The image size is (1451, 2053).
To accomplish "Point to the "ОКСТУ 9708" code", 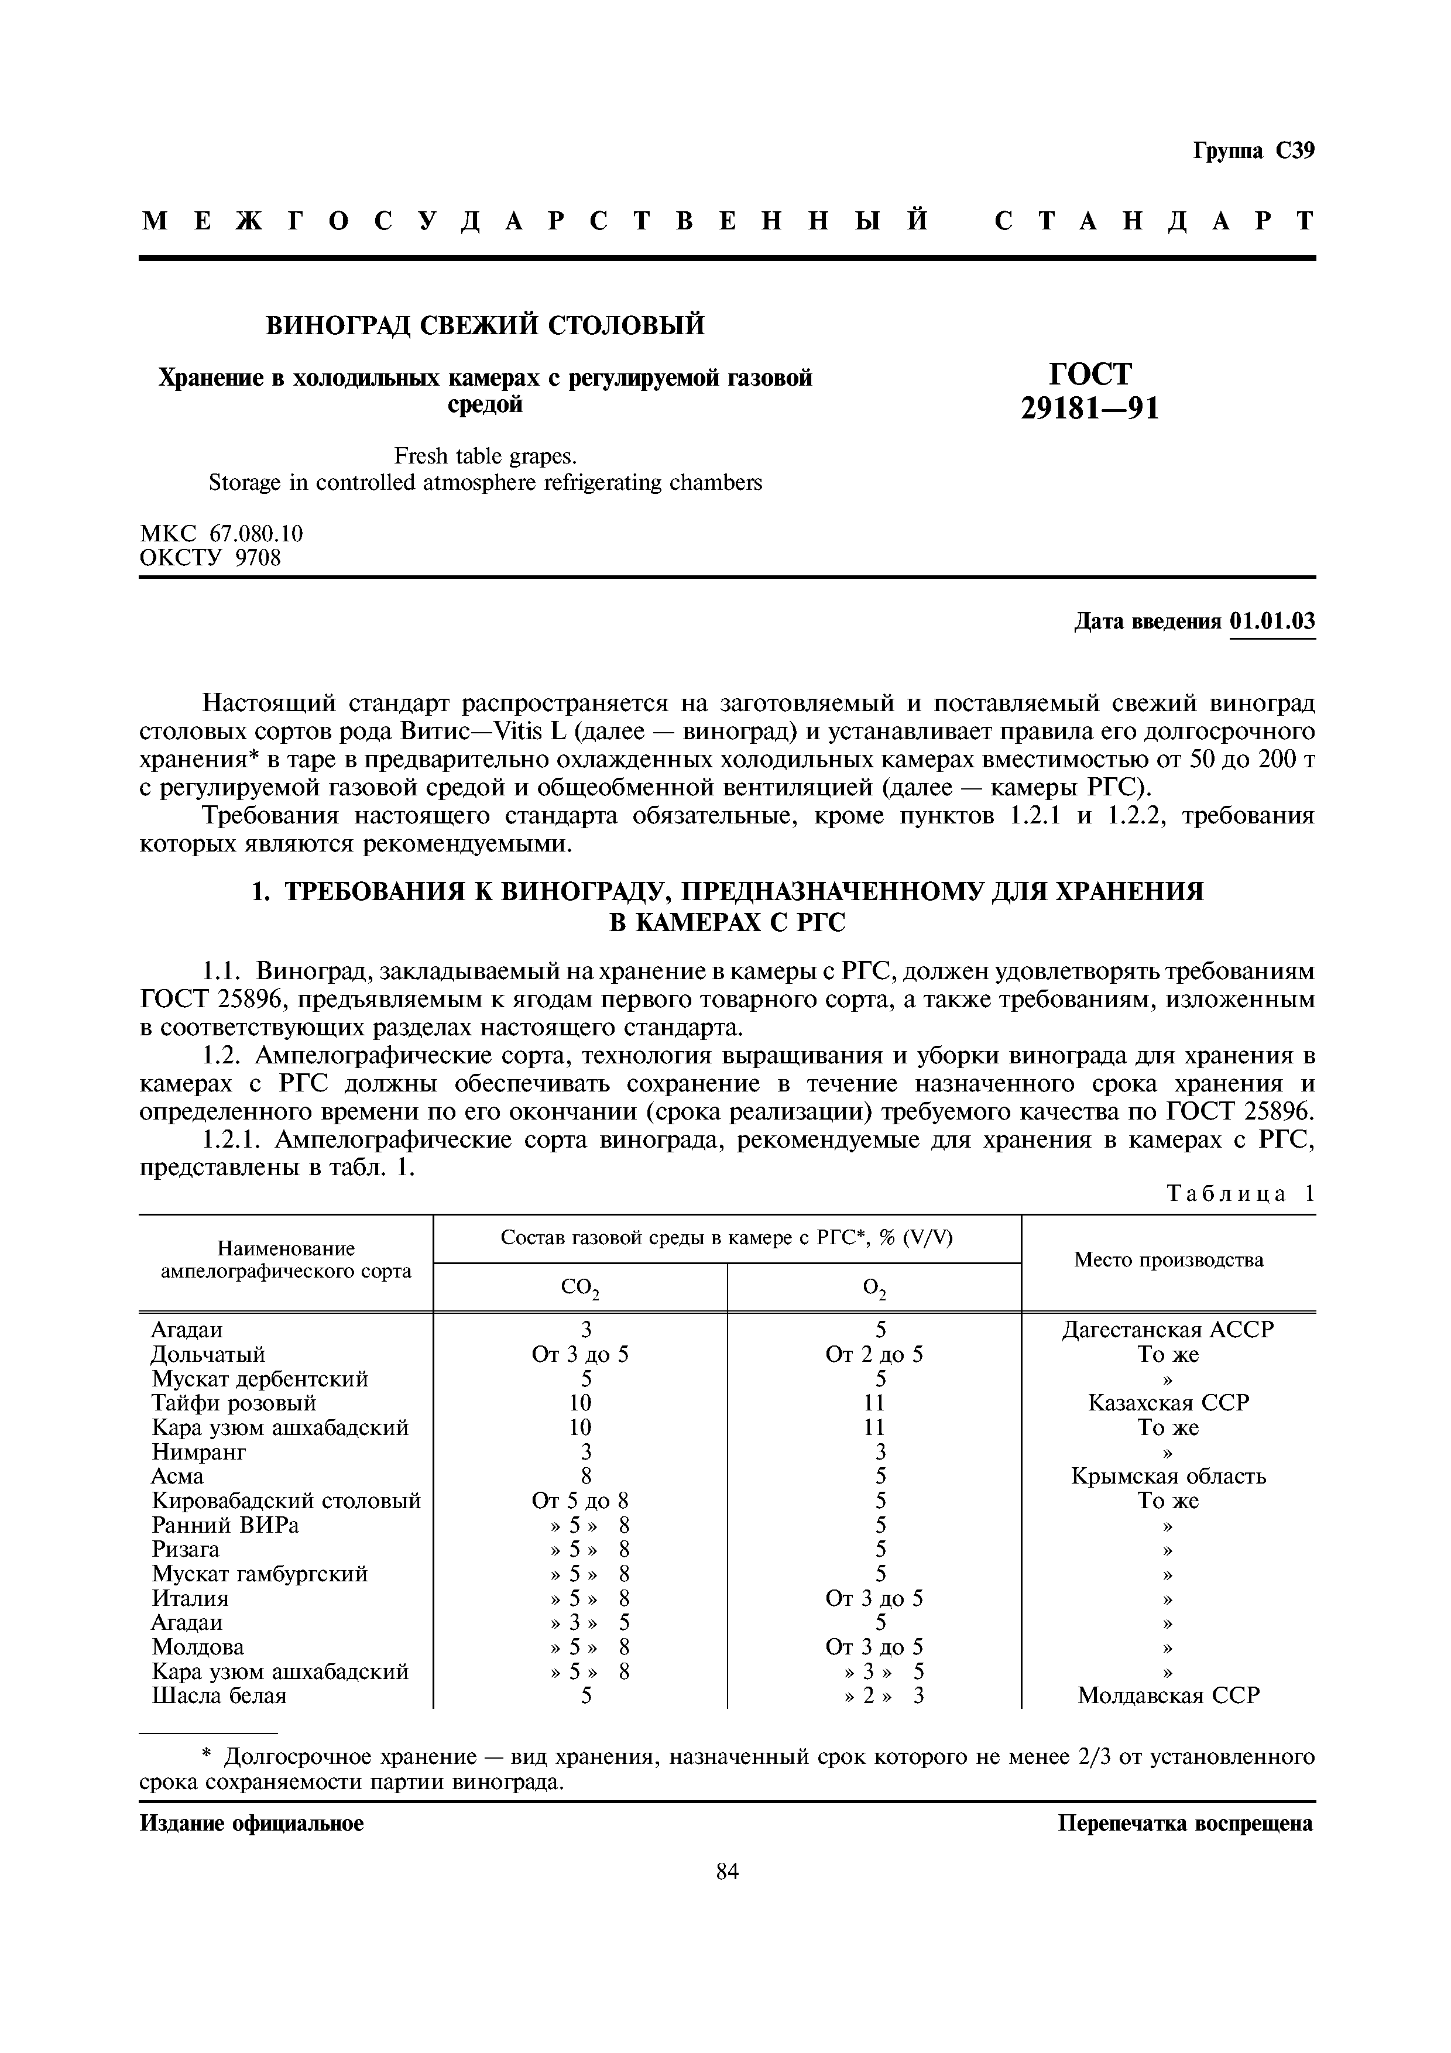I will (210, 559).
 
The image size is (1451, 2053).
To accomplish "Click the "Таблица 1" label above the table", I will (1241, 1194).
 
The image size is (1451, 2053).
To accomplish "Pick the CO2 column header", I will (579, 1289).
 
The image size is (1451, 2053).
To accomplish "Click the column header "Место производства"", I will (1168, 1260).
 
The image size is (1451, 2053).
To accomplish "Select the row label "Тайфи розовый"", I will (234, 1403).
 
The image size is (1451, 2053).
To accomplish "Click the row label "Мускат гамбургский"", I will (259, 1574).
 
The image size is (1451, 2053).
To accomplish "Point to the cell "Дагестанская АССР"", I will (1168, 1330).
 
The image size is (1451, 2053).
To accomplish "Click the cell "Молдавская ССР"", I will (1168, 1695).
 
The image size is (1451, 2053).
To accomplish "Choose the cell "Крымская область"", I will (1168, 1477).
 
